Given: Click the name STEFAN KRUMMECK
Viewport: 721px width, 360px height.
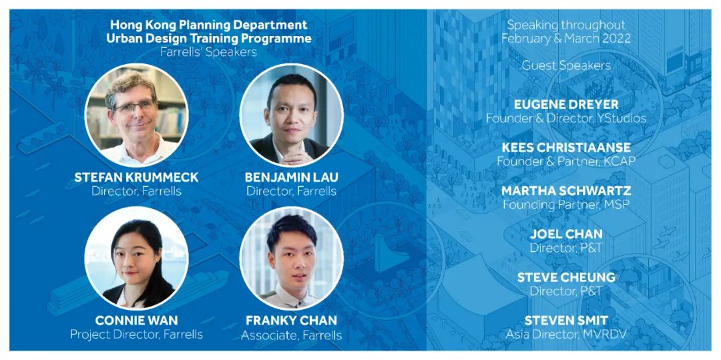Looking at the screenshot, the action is pyautogui.click(x=137, y=178).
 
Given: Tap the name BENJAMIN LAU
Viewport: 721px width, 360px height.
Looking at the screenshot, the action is pyautogui.click(x=291, y=178).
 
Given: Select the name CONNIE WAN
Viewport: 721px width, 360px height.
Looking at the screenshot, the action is pyautogui.click(x=136, y=320).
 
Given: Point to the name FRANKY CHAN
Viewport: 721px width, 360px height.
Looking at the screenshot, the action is pyautogui.click(x=292, y=320).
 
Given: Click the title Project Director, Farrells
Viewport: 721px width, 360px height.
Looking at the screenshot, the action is pyautogui.click(x=136, y=334).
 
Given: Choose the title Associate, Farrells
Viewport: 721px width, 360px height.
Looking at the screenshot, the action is pyautogui.click(x=292, y=335).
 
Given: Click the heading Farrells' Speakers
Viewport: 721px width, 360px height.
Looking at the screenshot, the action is pyautogui.click(x=209, y=52).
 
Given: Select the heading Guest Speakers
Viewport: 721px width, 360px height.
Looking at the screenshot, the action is pyautogui.click(x=566, y=65).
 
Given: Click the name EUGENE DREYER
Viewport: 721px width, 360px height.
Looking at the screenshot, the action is pyautogui.click(x=566, y=104).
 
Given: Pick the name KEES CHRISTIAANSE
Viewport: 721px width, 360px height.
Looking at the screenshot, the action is pyautogui.click(x=566, y=147).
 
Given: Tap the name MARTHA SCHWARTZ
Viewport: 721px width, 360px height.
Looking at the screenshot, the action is pyautogui.click(x=566, y=190).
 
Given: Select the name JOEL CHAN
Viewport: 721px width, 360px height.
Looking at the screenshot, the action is pyautogui.click(x=566, y=234).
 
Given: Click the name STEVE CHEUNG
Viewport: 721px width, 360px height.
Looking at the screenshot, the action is pyautogui.click(x=566, y=277).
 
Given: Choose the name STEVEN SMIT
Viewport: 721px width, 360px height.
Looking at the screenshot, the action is pyautogui.click(x=566, y=320).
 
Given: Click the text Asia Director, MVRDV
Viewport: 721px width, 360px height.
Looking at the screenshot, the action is pyautogui.click(x=566, y=334).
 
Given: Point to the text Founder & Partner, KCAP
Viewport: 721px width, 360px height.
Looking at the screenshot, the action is pyautogui.click(x=566, y=162).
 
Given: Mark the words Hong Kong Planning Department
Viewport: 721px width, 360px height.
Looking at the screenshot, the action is pyautogui.click(x=209, y=24).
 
